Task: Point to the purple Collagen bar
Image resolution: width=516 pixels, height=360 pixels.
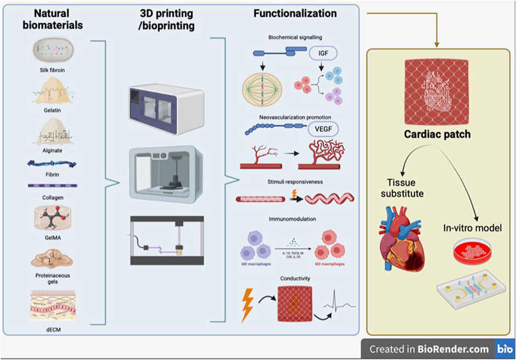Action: tap(53, 186)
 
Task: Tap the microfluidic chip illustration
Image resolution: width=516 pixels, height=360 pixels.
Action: tap(471, 292)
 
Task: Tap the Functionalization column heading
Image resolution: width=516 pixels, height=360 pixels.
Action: tap(295, 12)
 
